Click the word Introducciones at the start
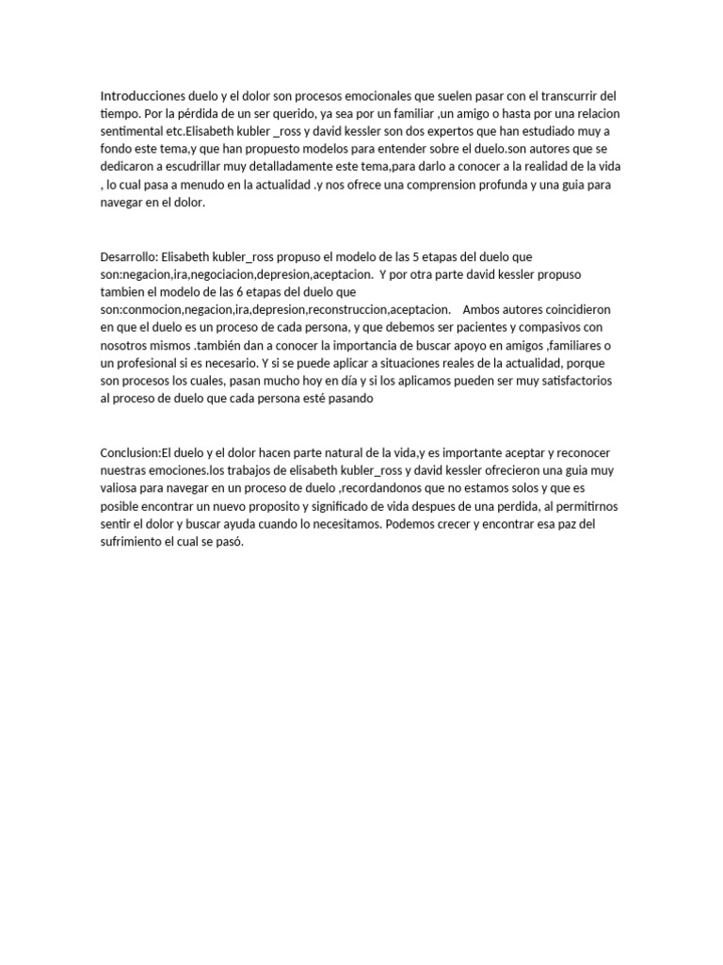pos(140,96)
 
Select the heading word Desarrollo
pos(129,257)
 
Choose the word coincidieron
pos(573,311)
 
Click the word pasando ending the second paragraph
pos(348,400)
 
